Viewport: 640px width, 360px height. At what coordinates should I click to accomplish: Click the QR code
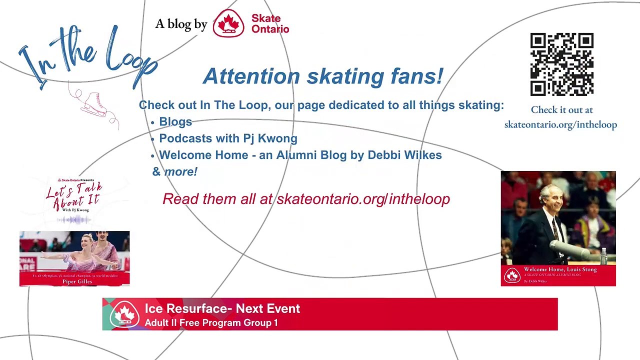click(x=561, y=64)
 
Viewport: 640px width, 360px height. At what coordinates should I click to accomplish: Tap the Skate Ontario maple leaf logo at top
click(x=228, y=23)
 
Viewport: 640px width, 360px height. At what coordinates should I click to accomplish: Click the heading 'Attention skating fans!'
click(x=323, y=76)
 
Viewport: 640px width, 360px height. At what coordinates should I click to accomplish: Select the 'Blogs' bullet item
click(x=175, y=122)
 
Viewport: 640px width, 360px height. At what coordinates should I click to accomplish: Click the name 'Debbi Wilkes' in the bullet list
click(x=404, y=155)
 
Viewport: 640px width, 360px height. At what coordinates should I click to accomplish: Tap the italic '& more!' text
click(x=175, y=171)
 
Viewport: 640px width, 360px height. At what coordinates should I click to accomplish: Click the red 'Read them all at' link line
click(x=306, y=199)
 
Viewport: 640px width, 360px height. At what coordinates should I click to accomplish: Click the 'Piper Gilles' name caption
click(x=77, y=281)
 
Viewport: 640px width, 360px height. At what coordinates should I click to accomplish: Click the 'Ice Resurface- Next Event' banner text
click(x=222, y=308)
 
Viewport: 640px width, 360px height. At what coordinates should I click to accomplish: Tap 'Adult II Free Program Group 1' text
click(x=211, y=323)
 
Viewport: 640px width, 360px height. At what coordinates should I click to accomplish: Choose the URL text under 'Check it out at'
click(x=560, y=124)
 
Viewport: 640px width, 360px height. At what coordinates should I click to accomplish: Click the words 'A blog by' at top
click(x=181, y=24)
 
